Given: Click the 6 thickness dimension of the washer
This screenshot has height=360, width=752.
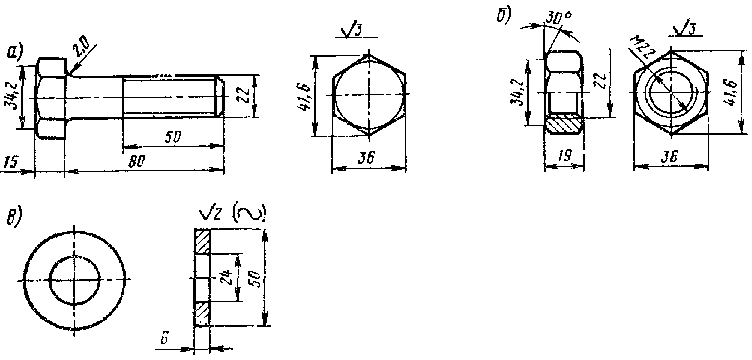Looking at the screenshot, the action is pos(165,339).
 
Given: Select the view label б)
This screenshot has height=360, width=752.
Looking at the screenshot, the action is pos(503,15).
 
